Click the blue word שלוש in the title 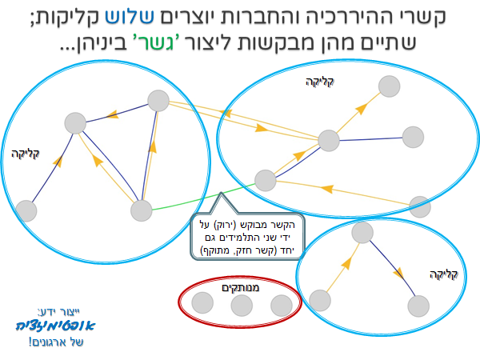pos(130,16)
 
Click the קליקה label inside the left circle pos(25,154)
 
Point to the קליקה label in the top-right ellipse pos(319,82)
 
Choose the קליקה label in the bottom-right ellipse pos(443,274)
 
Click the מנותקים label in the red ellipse pos(240,287)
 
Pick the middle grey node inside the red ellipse pos(242,306)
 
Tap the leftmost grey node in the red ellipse pos(202,302)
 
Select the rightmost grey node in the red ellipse pos(282,306)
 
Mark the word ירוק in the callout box pos(226,225)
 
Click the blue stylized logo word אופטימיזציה pos(55,326)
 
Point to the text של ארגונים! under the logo pos(56,342)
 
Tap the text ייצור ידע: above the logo pos(58,312)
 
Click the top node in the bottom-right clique pos(362,233)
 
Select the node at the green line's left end pos(142,210)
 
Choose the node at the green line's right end pos(266,181)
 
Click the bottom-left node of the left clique pos(26,211)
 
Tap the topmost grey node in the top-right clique pos(389,86)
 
